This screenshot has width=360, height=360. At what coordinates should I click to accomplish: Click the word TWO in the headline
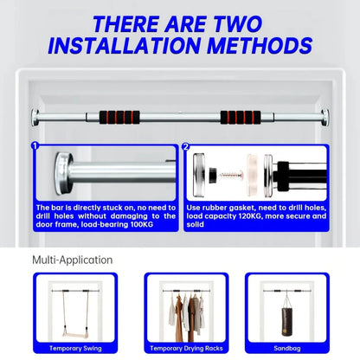coord(237,24)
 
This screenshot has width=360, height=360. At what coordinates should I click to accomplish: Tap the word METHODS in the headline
coord(260,46)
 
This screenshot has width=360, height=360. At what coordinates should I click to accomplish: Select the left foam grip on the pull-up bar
coord(119,117)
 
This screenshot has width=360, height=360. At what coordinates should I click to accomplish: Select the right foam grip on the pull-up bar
coord(241,117)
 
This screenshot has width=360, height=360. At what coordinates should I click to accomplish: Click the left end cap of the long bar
coord(35,117)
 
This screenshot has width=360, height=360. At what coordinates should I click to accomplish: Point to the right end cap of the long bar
coord(325,117)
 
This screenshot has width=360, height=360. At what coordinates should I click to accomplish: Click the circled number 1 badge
coord(35,146)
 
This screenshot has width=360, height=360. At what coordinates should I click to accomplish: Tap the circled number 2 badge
coord(186,146)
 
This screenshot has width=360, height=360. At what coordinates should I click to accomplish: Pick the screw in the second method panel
coord(230,175)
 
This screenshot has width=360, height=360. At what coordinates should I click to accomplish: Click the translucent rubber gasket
coord(253,175)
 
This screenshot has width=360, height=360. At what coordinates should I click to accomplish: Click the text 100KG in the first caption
coord(142,224)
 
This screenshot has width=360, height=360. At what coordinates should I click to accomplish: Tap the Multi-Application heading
coord(73,260)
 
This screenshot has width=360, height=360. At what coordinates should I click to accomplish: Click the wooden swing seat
coord(74,336)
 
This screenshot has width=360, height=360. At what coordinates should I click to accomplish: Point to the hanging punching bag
coord(286,322)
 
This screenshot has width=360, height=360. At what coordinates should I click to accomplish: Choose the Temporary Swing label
coord(75,348)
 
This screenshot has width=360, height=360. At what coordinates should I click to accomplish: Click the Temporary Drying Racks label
coord(186,348)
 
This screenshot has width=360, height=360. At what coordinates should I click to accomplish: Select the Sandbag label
coord(287,348)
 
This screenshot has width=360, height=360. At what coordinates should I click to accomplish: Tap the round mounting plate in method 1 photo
coord(63,173)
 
